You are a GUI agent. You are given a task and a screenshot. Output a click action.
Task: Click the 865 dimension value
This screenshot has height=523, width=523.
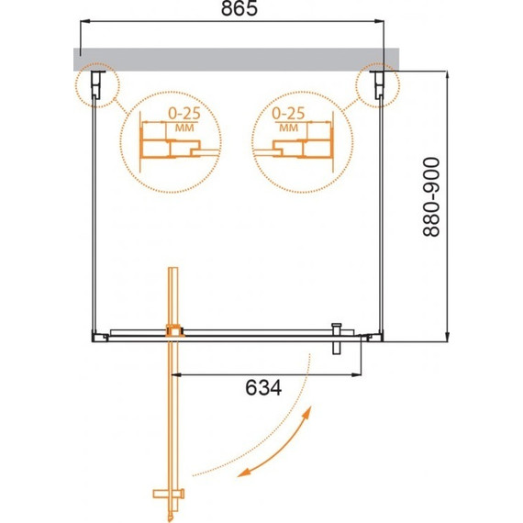click(x=239, y=9)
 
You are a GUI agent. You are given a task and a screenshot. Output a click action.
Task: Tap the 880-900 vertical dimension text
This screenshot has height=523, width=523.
click(x=431, y=196)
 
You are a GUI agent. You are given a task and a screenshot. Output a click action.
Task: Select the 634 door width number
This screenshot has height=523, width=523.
click(x=263, y=388)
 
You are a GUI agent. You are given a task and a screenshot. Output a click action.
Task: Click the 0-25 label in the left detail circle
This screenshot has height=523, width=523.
click(x=184, y=114)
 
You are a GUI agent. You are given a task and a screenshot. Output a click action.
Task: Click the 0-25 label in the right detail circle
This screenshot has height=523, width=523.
click(x=288, y=114)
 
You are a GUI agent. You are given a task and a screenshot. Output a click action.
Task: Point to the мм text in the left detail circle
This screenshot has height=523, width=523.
click(x=184, y=128)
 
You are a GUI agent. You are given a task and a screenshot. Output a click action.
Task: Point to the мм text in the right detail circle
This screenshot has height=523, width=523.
click(x=288, y=128)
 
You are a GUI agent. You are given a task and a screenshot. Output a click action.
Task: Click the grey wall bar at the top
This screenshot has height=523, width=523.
click(x=237, y=59)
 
